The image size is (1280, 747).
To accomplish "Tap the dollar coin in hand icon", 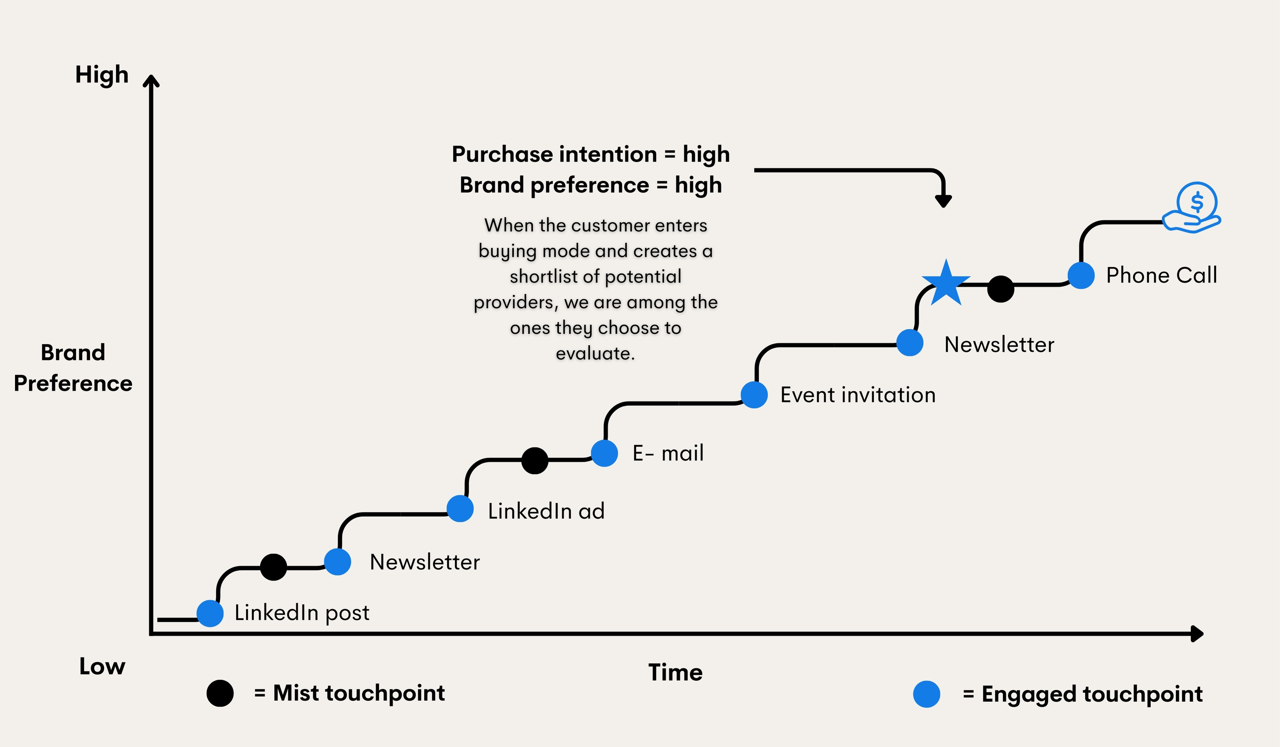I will (x=1193, y=208).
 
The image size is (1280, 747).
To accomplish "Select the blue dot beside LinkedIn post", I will (x=210, y=613).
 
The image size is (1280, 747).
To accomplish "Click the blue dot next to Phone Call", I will (x=1081, y=275).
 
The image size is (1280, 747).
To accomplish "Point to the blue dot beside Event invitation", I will (x=754, y=395).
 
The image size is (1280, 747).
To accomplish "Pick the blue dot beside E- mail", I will (x=605, y=453).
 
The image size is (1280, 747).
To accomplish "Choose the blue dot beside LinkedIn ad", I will (x=460, y=509).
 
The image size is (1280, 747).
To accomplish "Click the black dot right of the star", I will (x=1001, y=289).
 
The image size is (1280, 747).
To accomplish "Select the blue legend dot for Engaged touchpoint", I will (x=926, y=694).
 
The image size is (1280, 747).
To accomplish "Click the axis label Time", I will (x=675, y=672).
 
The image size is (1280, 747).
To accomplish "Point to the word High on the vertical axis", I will (x=102, y=75).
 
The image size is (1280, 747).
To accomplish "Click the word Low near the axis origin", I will (x=102, y=666).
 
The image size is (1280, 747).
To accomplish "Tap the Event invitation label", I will (x=858, y=395).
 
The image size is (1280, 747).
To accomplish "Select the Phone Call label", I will (x=1162, y=275).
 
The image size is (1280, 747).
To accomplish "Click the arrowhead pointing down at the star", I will (x=943, y=201).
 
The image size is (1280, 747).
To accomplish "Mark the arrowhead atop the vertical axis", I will (x=151, y=81).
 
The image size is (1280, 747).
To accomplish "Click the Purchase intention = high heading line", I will (x=591, y=154).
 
